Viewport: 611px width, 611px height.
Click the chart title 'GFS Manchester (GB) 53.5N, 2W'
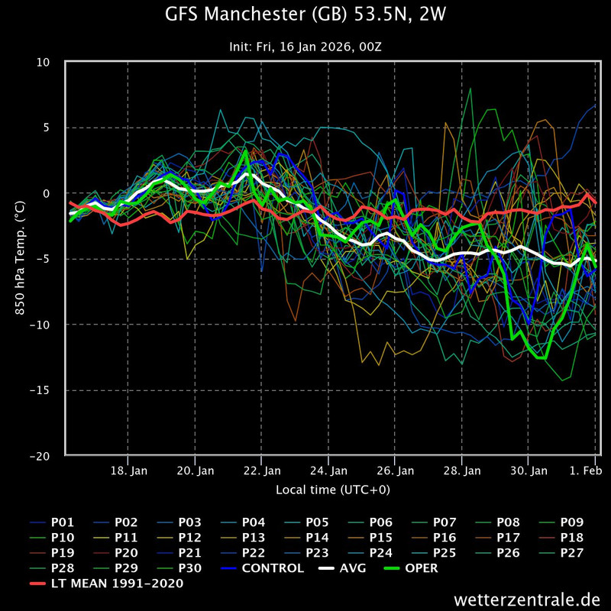pyautogui.click(x=305, y=15)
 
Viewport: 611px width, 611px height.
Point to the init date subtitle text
pyautogui.click(x=305, y=47)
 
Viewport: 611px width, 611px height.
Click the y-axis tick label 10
pyautogui.click(x=51, y=62)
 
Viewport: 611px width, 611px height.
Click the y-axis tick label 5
pyautogui.click(x=54, y=128)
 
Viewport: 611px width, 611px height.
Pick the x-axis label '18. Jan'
pyautogui.click(x=128, y=471)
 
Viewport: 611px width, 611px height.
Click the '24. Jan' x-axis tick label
pyautogui.click(x=329, y=471)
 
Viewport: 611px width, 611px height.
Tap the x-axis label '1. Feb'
pyautogui.click(x=585, y=471)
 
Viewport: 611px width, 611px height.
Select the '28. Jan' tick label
pyautogui.click(x=463, y=471)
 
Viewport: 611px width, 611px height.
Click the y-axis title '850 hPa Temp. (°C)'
pyautogui.click(x=20, y=259)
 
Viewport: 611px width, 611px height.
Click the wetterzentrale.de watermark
pyautogui.click(x=527, y=599)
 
